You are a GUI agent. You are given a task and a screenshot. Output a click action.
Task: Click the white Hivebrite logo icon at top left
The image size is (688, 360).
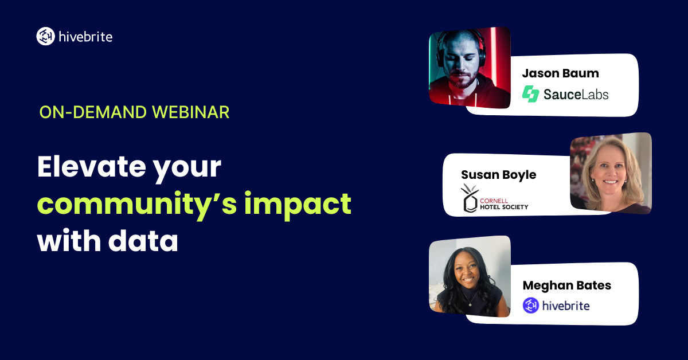click(x=45, y=36)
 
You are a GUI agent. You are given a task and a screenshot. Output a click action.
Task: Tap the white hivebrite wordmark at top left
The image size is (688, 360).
click(x=85, y=37)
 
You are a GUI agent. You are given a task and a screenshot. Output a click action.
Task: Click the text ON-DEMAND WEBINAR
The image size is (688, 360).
click(x=134, y=112)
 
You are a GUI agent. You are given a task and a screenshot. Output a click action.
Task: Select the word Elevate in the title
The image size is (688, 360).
click(x=92, y=166)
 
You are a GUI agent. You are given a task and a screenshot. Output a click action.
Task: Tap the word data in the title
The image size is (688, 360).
click(x=143, y=240)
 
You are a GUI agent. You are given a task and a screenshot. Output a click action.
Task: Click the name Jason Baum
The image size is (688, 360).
click(x=561, y=73)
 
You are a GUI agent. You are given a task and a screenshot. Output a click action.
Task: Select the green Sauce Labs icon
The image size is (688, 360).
click(x=531, y=93)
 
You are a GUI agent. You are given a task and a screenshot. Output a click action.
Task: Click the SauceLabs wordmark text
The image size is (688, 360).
click(x=576, y=94)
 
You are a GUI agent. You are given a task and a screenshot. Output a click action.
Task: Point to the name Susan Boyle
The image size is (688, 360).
click(x=498, y=175)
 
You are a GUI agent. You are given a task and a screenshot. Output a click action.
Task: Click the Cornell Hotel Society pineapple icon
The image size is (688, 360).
click(x=470, y=198)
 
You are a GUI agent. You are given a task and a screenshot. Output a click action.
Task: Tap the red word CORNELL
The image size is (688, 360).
click(x=494, y=201)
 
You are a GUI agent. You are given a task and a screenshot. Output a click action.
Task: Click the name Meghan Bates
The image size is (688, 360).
click(x=566, y=285)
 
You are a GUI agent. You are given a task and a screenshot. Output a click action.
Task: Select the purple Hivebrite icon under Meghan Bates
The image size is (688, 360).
click(x=531, y=306)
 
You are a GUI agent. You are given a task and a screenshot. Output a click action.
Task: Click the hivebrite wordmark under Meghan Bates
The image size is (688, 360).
click(x=566, y=306)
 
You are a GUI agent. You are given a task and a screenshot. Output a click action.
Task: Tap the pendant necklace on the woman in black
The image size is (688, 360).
click(x=470, y=304)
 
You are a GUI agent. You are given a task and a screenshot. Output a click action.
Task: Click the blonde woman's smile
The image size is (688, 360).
click(x=611, y=182)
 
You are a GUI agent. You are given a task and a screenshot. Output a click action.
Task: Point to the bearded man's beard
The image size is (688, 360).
click(x=463, y=79)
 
